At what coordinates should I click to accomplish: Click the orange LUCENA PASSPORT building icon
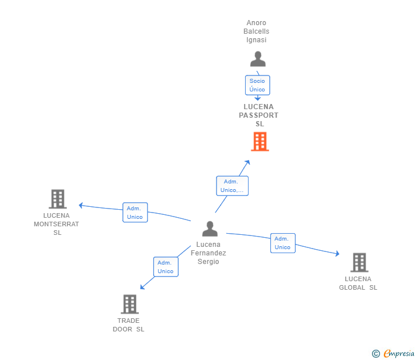[260, 142]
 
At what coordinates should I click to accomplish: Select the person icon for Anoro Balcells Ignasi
[258, 59]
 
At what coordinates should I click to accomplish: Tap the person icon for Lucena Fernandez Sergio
[210, 229]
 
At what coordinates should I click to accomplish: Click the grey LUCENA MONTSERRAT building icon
[57, 199]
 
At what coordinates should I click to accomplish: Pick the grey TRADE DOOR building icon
[130, 304]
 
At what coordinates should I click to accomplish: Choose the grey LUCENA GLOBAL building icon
[359, 262]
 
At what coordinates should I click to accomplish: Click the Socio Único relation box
[257, 85]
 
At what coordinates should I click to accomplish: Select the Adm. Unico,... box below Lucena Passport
[232, 186]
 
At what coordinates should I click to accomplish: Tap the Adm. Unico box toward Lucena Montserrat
[135, 213]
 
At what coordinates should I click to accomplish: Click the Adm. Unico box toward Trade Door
[166, 267]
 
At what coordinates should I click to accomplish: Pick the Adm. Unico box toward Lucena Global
[282, 243]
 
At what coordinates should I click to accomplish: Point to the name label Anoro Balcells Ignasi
[257, 31]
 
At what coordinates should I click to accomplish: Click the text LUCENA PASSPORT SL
[259, 115]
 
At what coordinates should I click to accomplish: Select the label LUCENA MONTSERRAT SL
[57, 224]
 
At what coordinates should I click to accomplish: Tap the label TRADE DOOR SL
[129, 325]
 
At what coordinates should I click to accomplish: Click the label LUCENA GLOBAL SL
[358, 283]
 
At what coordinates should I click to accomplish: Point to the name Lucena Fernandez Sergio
[209, 253]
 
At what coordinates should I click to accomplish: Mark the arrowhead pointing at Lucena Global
[337, 254]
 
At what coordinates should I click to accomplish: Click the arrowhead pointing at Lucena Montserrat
[81, 205]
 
